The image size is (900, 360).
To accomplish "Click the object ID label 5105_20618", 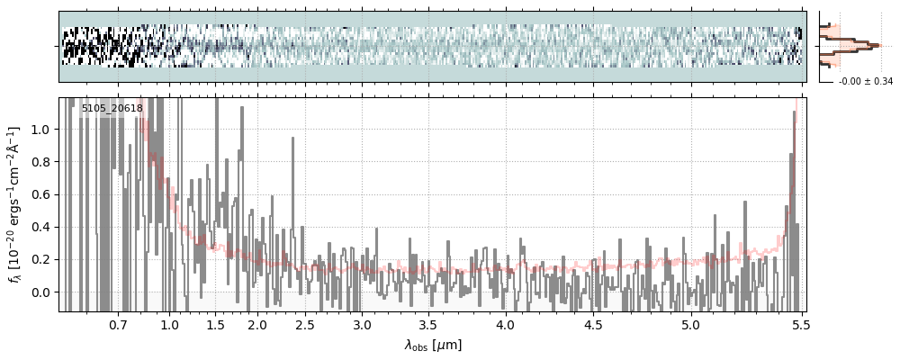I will click(112, 108).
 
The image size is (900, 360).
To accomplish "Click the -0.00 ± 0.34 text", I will click(865, 82).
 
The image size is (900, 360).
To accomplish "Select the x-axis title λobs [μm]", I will click(432, 344).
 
